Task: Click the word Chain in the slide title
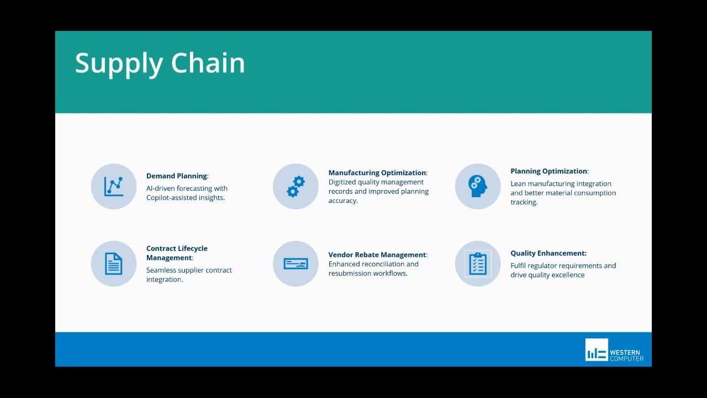click(x=208, y=62)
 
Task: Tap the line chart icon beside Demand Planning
click(x=114, y=186)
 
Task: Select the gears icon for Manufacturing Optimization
click(x=296, y=186)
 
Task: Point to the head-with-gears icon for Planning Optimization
click(x=478, y=186)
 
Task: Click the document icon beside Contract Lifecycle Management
click(x=114, y=264)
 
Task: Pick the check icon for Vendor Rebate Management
click(x=296, y=264)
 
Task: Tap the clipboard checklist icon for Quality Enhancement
click(x=478, y=264)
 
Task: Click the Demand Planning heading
click(x=176, y=176)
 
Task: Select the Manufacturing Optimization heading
click(x=377, y=172)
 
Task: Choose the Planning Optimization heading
click(x=548, y=171)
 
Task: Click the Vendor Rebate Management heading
click(x=377, y=255)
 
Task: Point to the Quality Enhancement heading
click(x=548, y=253)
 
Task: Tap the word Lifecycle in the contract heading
click(x=193, y=249)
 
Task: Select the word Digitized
click(x=342, y=182)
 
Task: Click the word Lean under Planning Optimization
click(x=518, y=184)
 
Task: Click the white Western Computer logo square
click(x=597, y=350)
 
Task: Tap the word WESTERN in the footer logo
click(x=625, y=353)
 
